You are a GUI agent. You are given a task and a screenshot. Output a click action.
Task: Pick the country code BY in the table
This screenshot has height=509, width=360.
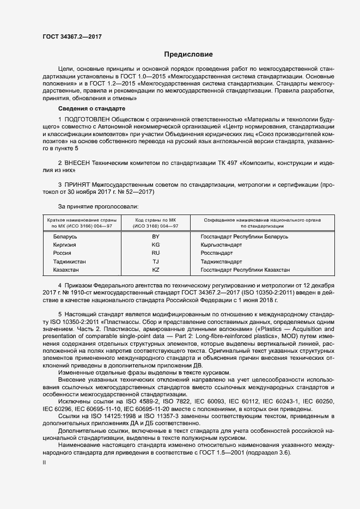tap(155, 237)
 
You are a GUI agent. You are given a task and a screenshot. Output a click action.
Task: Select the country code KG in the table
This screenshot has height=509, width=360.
tap(155, 245)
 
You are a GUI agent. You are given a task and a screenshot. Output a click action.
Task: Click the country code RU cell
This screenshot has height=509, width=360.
tap(155, 253)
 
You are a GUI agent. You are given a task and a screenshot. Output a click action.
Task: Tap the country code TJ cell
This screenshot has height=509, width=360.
tap(155, 262)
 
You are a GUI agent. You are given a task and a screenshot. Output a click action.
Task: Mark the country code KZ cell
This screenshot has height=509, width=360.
tap(155, 270)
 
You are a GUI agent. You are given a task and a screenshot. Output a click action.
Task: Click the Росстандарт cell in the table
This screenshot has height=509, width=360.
tap(218, 253)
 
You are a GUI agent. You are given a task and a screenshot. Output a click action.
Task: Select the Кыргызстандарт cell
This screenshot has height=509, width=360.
tap(221, 245)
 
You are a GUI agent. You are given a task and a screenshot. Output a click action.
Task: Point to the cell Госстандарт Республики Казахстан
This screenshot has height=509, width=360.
tap(245, 270)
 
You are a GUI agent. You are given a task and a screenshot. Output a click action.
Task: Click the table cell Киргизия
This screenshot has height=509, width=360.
tap(64, 245)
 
